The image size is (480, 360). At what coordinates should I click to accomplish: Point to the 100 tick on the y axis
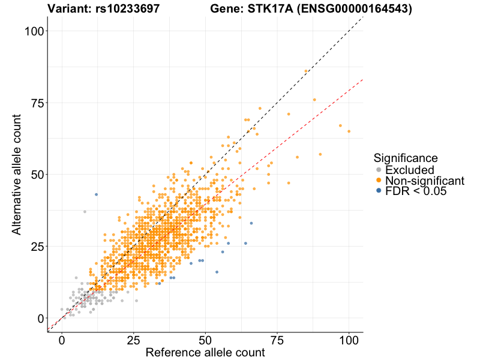[x=37, y=31]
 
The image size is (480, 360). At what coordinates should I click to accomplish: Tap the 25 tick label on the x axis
[x=133, y=340]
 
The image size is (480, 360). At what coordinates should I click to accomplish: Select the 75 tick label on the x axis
[x=277, y=340]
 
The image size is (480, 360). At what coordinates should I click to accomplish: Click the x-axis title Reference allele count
[x=205, y=352]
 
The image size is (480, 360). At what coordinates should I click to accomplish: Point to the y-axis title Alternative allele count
[x=17, y=175]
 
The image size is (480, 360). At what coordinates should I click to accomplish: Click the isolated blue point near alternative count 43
[x=96, y=194]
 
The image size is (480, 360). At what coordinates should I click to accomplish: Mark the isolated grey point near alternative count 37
[x=85, y=212]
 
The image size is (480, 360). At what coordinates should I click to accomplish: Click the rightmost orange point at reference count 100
[x=349, y=131]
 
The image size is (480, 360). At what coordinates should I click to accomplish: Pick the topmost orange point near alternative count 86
[x=306, y=71]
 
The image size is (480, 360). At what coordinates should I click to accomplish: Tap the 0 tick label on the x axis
[x=62, y=340]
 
